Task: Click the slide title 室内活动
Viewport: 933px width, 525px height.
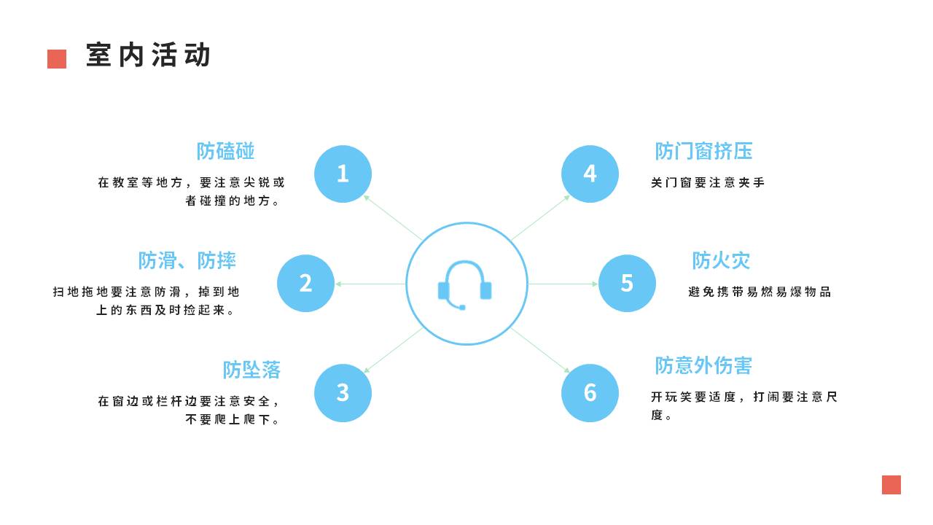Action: coord(148,55)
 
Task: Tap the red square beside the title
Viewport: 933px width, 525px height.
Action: coord(57,59)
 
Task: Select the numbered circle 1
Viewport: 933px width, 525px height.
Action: coord(343,174)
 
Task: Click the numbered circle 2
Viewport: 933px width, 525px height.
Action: coord(305,283)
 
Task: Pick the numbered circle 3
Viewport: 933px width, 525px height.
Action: coord(343,392)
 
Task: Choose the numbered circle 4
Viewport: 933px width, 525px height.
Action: coord(590,174)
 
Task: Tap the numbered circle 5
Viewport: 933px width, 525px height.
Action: coord(627,283)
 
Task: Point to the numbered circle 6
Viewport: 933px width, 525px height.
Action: coord(590,392)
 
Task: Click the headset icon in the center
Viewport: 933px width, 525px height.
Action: coord(465,284)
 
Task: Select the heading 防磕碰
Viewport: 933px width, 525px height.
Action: coord(225,151)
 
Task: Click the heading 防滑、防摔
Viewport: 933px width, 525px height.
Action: coord(187,260)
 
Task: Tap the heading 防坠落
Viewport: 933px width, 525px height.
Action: coord(251,370)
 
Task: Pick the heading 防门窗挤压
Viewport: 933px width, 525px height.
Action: coord(703,151)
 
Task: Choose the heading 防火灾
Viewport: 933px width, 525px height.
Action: coord(721,260)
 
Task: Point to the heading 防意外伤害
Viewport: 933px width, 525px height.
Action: coord(703,365)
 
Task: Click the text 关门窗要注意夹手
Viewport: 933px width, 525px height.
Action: coord(708,182)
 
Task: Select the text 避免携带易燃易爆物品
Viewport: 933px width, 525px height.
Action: coord(760,292)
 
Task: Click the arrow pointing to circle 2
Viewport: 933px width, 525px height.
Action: coord(370,284)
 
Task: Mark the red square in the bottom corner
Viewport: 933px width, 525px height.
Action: coord(891,485)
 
